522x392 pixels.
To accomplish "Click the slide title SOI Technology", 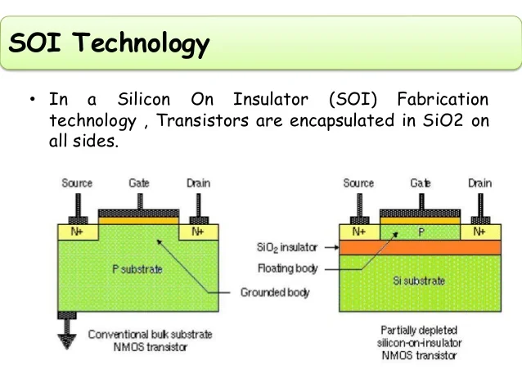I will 109,43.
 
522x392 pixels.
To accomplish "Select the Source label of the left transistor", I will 77,183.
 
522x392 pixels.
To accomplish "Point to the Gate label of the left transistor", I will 139,183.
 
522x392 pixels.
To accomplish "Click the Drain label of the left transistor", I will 198,183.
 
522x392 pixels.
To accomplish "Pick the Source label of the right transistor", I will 358,183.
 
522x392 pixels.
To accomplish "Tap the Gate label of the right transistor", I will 421,183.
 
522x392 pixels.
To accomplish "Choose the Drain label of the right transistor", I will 479,183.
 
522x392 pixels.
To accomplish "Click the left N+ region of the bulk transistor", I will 77,232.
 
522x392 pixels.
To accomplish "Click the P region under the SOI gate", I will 421,232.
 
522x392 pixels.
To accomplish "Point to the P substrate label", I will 137,268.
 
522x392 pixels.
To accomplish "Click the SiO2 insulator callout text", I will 286,246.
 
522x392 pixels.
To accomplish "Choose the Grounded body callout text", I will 275,292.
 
